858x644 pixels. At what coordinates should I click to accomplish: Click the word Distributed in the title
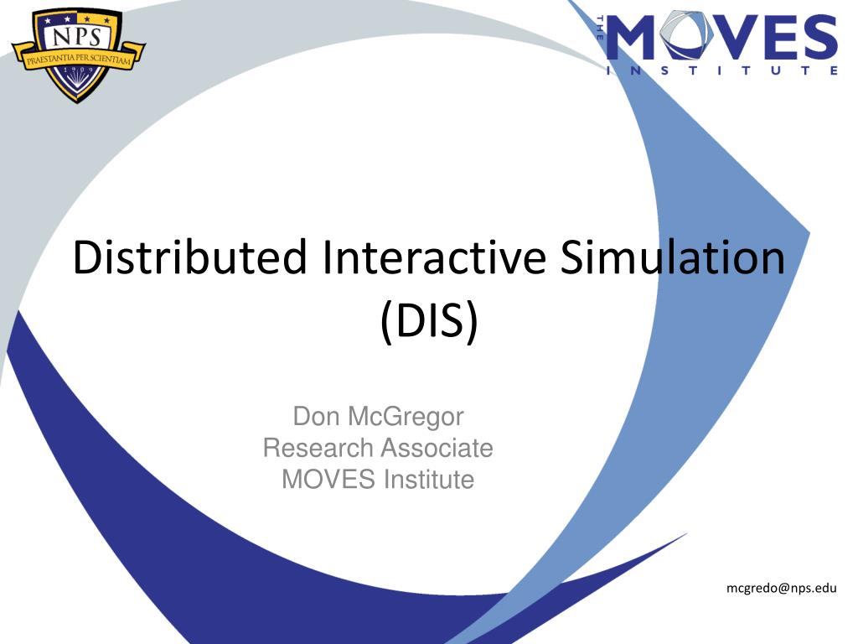pos(189,257)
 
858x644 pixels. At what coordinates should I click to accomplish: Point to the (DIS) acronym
pos(428,322)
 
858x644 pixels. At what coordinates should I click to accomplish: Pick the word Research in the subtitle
pos(318,448)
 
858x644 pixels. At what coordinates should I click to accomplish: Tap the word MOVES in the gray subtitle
pos(328,480)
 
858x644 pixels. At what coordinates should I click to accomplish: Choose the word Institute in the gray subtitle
pos(429,480)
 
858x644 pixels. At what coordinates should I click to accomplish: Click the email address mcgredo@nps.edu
pos(781,589)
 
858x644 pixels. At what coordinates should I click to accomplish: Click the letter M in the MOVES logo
pos(634,39)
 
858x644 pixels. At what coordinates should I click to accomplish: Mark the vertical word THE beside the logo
pos(601,38)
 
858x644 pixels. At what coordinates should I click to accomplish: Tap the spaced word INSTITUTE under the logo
pos(721,71)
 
